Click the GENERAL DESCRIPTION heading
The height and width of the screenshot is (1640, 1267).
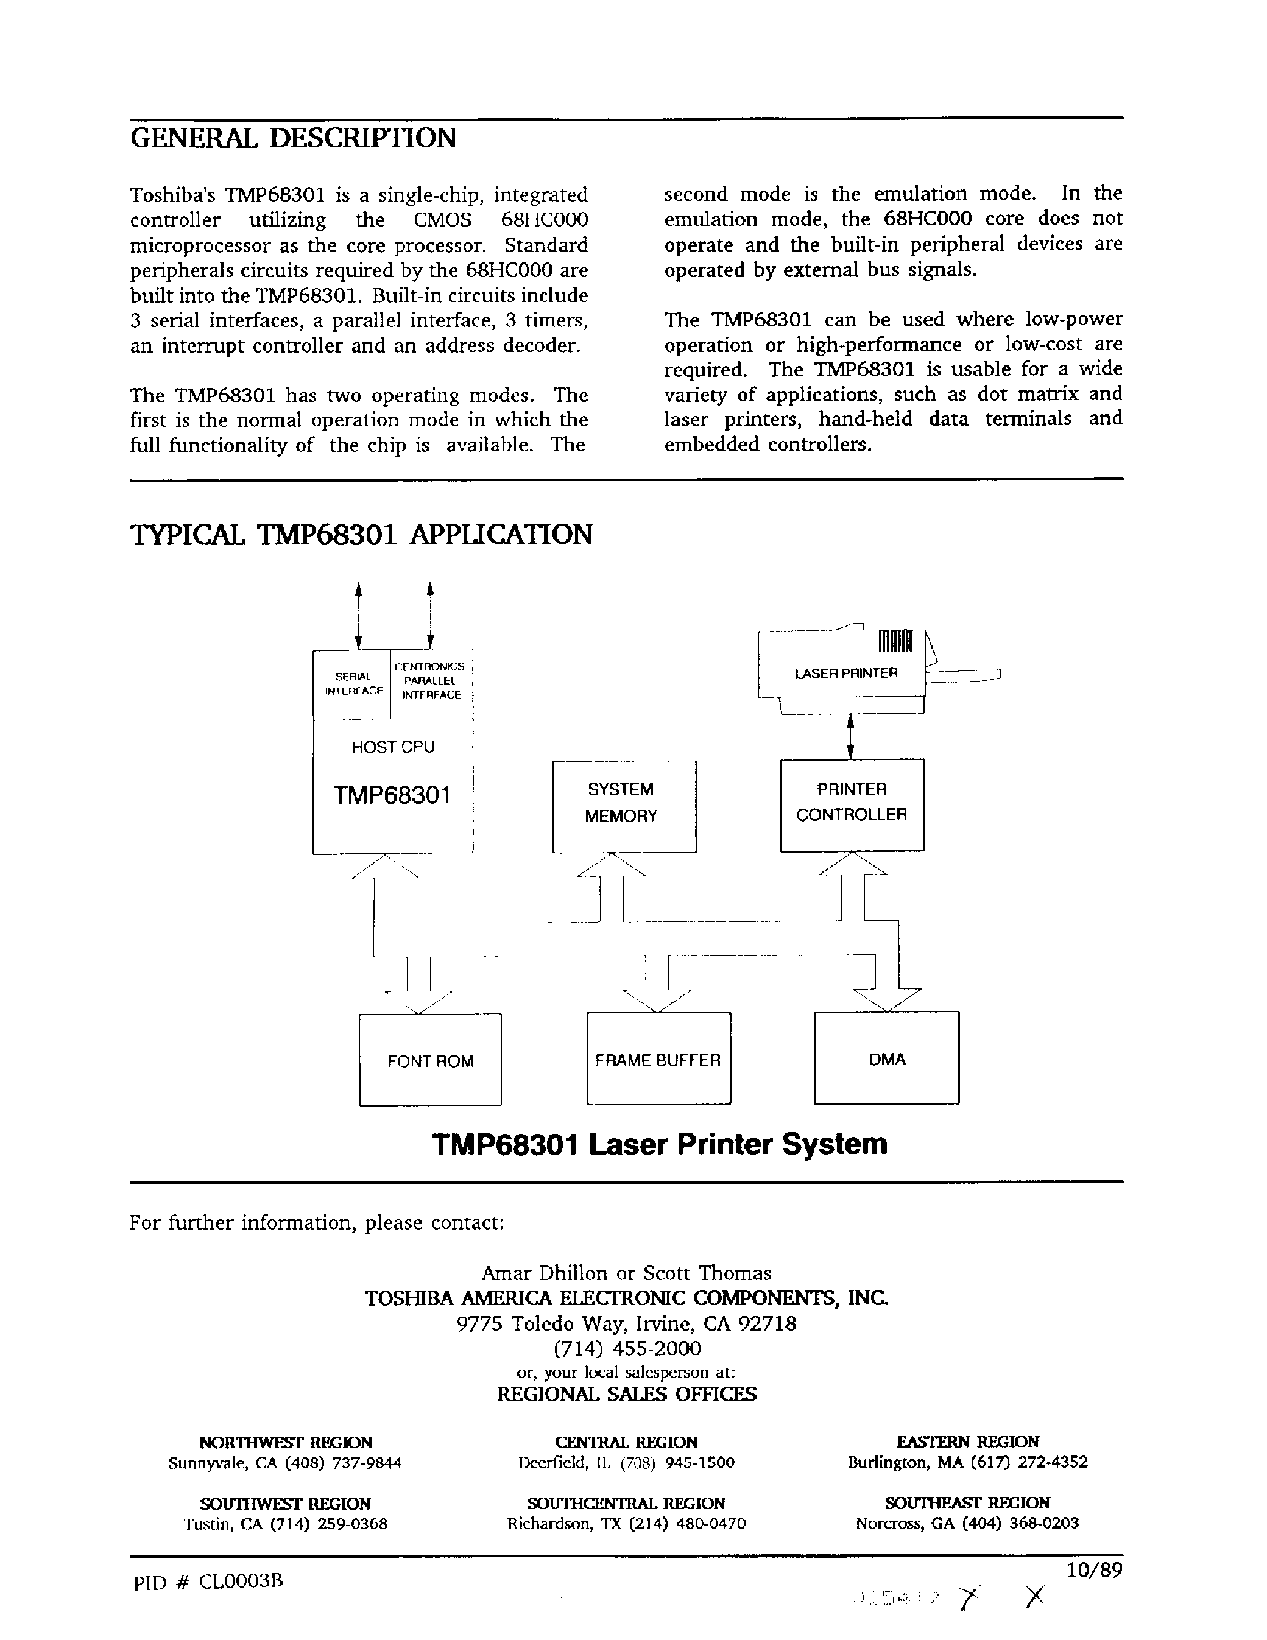[293, 138]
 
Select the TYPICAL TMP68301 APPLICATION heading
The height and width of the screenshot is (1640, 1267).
[361, 535]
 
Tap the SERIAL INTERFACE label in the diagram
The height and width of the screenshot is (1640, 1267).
[353, 683]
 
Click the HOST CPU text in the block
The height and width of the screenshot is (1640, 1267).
[393, 747]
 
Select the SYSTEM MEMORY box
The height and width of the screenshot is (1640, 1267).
[623, 806]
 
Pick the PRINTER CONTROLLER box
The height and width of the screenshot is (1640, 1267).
[852, 804]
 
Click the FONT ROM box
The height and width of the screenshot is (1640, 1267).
[430, 1060]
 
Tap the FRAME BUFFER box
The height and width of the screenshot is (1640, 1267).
[658, 1060]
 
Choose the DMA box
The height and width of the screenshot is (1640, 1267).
[887, 1059]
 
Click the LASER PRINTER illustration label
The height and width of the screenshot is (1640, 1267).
[845, 673]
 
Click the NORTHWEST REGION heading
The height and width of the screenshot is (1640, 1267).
[286, 1441]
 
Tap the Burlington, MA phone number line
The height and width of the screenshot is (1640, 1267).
[967, 1462]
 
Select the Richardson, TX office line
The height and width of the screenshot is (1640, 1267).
[626, 1523]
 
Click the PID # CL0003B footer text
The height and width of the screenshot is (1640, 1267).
[208, 1581]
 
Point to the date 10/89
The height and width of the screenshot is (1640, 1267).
[1093, 1570]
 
